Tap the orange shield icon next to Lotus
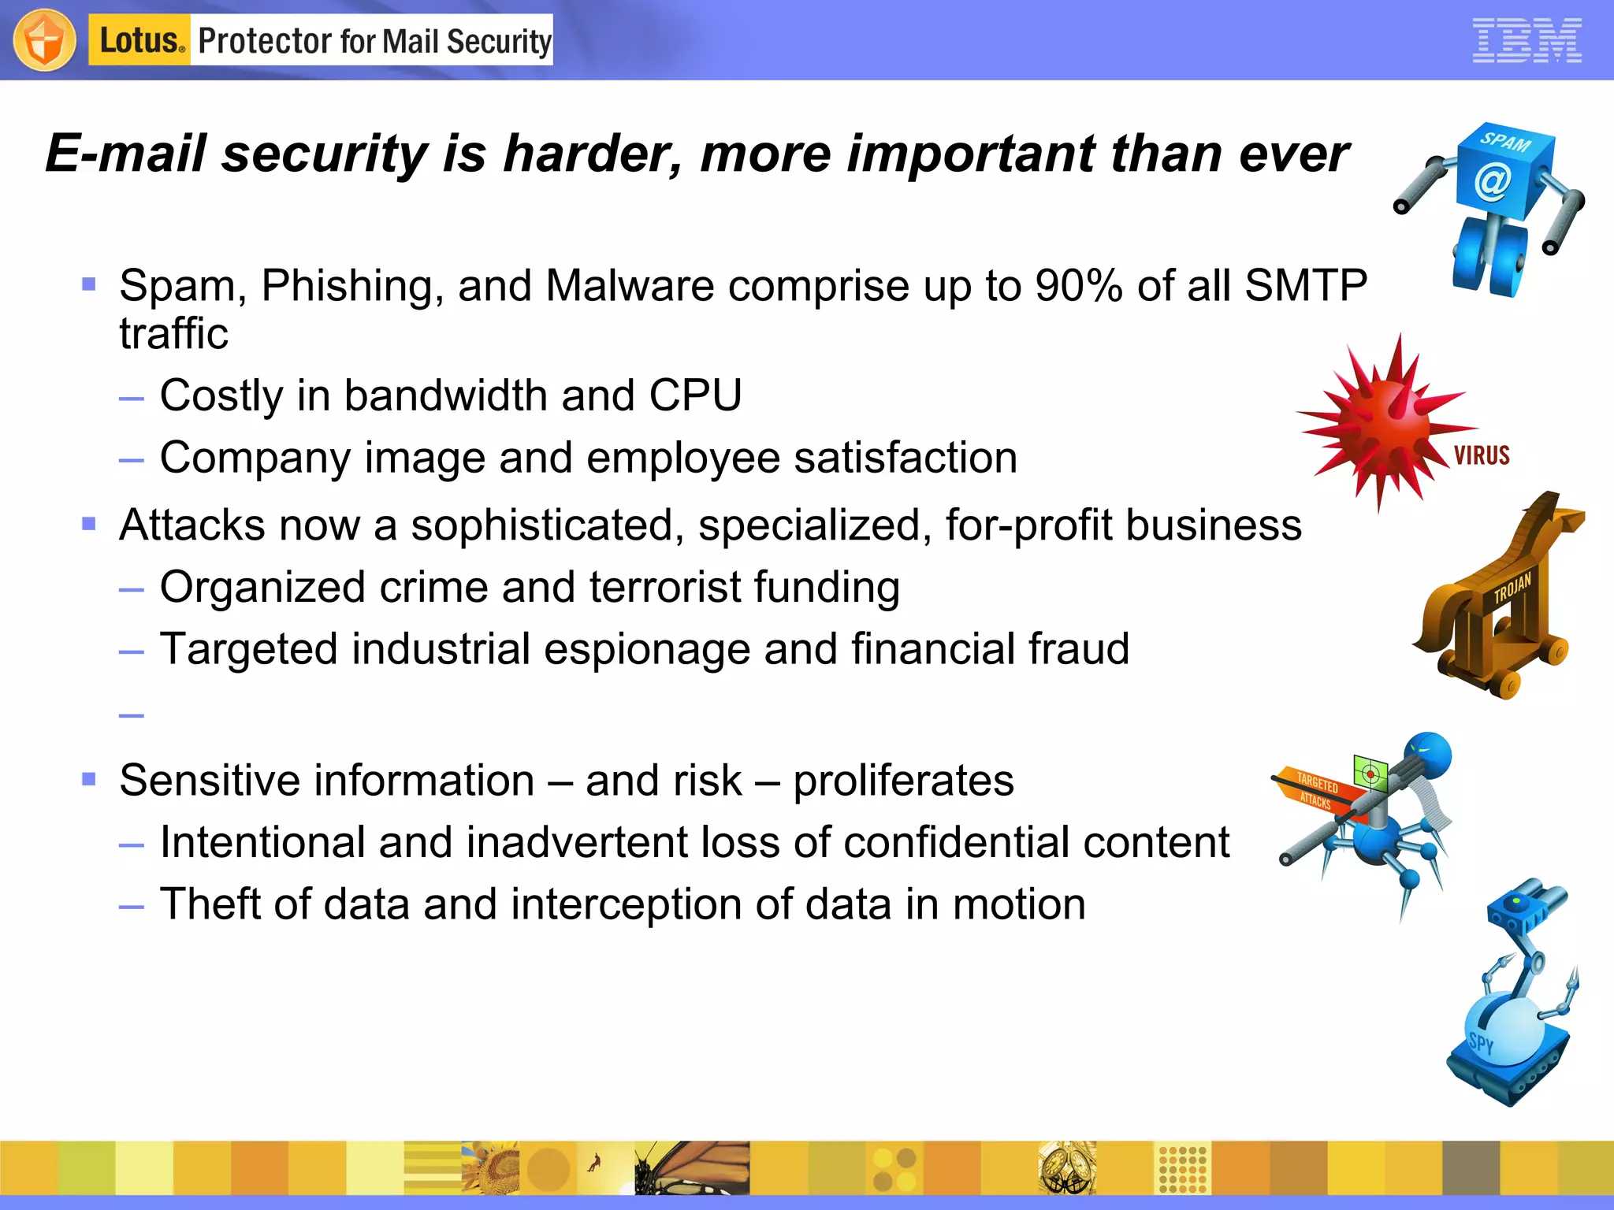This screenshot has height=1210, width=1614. (x=45, y=40)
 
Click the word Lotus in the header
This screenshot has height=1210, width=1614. (x=139, y=40)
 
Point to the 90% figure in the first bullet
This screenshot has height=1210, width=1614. (x=1078, y=285)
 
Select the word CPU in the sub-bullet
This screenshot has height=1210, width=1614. (x=695, y=395)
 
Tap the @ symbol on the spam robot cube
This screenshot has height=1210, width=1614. (x=1493, y=182)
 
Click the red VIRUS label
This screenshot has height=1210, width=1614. (x=1482, y=455)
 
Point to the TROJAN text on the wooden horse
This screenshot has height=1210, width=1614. (x=1512, y=587)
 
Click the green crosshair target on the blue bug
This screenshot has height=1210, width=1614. (x=1370, y=774)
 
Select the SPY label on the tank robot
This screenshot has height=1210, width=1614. (x=1481, y=1043)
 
